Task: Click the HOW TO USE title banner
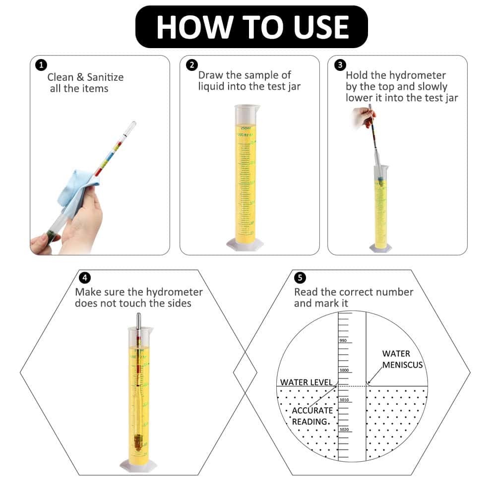pos(251,27)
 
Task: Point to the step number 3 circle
pos(340,65)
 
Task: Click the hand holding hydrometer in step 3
pos(361,118)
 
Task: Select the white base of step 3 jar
pos(380,248)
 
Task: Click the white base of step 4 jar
pos(138,465)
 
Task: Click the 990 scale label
pos(343,340)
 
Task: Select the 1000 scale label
pos(343,370)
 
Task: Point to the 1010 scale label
pos(343,400)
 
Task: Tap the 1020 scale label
pos(343,430)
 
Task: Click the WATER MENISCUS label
pos(402,359)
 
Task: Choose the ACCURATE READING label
pos(312,416)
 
